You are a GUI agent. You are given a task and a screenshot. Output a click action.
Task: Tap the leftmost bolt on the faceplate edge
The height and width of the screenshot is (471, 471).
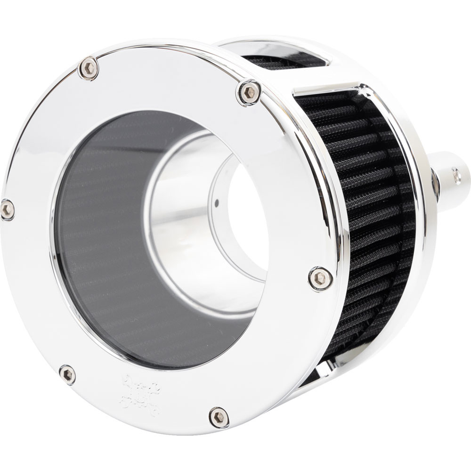[7, 209]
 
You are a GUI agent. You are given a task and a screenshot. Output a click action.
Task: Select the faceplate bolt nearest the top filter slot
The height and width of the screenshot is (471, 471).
[249, 92]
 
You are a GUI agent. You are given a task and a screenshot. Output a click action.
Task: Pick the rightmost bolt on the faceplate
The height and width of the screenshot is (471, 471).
[320, 278]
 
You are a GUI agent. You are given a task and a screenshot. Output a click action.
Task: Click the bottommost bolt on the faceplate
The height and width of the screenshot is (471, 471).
[219, 417]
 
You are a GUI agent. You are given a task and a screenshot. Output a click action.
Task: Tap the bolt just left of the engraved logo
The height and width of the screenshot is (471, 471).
[68, 374]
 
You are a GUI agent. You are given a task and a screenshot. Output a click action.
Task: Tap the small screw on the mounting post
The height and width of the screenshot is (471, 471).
[456, 176]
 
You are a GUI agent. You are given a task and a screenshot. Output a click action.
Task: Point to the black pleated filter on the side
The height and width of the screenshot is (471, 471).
[372, 212]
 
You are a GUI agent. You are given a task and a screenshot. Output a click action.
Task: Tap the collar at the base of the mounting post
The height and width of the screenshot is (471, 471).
[435, 184]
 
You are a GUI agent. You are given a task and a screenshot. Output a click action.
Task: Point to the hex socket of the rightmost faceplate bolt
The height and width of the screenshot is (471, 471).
[320, 278]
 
